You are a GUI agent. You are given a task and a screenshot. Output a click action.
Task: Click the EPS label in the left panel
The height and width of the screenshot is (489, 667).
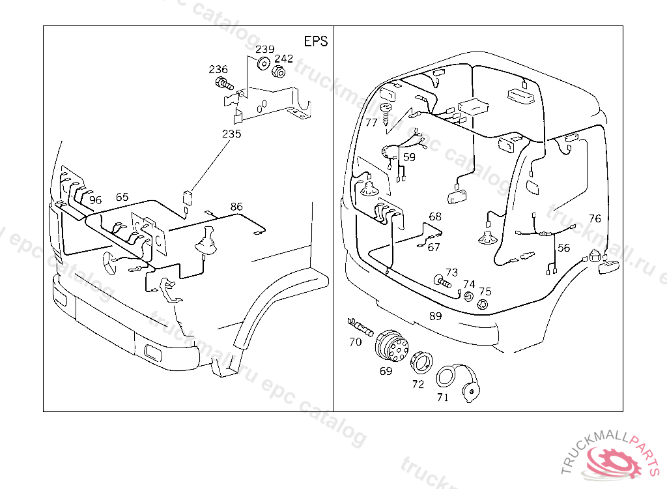pos(316,41)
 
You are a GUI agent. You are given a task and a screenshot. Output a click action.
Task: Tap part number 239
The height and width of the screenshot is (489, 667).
pos(264,50)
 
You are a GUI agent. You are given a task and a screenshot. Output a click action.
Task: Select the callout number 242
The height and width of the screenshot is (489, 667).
pos(283,58)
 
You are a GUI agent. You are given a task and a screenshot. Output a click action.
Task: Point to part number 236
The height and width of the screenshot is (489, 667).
pos(218,70)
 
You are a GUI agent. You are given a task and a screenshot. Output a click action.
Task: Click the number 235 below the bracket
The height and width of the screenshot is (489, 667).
pos(231,134)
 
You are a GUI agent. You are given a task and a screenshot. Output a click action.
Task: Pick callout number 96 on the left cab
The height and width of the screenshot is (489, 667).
pos(96,200)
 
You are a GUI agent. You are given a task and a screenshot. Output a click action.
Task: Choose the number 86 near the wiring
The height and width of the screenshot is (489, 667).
pos(236,207)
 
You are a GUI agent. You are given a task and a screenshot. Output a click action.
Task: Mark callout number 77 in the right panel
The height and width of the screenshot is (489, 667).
pos(371,123)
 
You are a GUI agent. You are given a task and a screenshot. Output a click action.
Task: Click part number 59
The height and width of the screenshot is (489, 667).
pos(409,156)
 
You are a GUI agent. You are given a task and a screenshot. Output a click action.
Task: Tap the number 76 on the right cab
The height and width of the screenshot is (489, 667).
pos(595,218)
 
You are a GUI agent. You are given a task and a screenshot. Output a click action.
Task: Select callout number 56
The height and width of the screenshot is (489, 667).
pos(563,248)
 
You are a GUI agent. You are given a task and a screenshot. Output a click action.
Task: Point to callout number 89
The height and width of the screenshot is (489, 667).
pos(435,316)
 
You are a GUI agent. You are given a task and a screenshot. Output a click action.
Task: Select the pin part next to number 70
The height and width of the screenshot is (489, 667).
pos(360,326)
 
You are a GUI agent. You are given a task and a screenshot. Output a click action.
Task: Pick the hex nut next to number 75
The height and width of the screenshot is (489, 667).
pos(481,304)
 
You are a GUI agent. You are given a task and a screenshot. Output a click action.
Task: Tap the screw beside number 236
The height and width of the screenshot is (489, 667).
pos(224,83)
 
